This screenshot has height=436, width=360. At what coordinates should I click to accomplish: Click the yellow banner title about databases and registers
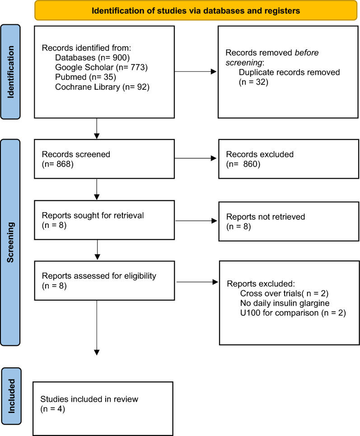point(196,11)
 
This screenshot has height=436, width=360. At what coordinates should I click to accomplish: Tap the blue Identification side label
point(10,72)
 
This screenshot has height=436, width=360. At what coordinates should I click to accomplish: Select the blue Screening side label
point(10,242)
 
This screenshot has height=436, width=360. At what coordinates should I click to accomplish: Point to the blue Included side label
point(11,396)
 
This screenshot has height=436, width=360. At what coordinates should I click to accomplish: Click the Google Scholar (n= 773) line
point(101,67)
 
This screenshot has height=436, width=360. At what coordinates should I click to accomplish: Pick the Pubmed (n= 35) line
point(85,77)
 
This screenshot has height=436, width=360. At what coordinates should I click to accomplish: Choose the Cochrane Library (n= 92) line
point(102,87)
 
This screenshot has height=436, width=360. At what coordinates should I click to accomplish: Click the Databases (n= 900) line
point(92,58)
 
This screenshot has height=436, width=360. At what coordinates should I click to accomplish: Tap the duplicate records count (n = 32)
point(253,82)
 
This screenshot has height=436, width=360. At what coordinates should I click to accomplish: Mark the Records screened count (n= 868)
point(57,164)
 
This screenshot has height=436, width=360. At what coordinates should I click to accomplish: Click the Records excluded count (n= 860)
point(243,164)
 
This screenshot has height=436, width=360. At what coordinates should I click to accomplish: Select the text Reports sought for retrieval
point(93,215)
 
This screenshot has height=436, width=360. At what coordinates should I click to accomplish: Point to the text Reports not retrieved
point(266,217)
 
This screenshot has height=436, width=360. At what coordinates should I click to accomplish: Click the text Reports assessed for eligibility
point(99,276)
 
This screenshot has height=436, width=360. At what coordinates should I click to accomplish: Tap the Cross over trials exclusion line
point(284,293)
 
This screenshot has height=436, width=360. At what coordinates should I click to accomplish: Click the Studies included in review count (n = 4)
point(52,409)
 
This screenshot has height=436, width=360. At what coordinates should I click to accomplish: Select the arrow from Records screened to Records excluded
point(195,158)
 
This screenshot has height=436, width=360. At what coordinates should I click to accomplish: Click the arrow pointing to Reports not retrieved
point(196,221)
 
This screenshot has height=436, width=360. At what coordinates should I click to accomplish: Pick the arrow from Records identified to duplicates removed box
point(195,71)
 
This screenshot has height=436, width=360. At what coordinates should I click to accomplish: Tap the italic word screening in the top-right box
point(244,63)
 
